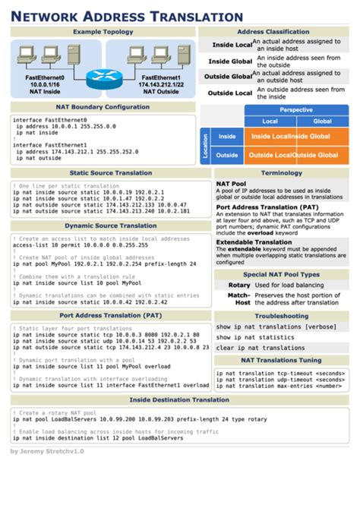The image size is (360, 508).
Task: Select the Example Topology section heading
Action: click(x=102, y=32)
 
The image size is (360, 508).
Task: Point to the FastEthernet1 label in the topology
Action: click(x=160, y=77)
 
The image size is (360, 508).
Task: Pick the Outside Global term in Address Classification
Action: click(x=229, y=76)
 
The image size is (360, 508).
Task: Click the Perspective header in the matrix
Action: click(x=295, y=109)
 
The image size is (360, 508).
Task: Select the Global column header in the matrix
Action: click(x=322, y=121)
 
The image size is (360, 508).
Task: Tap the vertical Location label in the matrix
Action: click(x=204, y=146)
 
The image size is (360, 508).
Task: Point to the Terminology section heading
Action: click(x=281, y=173)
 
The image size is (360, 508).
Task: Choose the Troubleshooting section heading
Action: click(x=281, y=315)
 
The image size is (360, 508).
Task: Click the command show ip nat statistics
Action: click(x=254, y=336)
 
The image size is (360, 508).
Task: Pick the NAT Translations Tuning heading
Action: click(x=281, y=360)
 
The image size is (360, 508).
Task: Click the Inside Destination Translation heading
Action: click(x=178, y=399)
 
